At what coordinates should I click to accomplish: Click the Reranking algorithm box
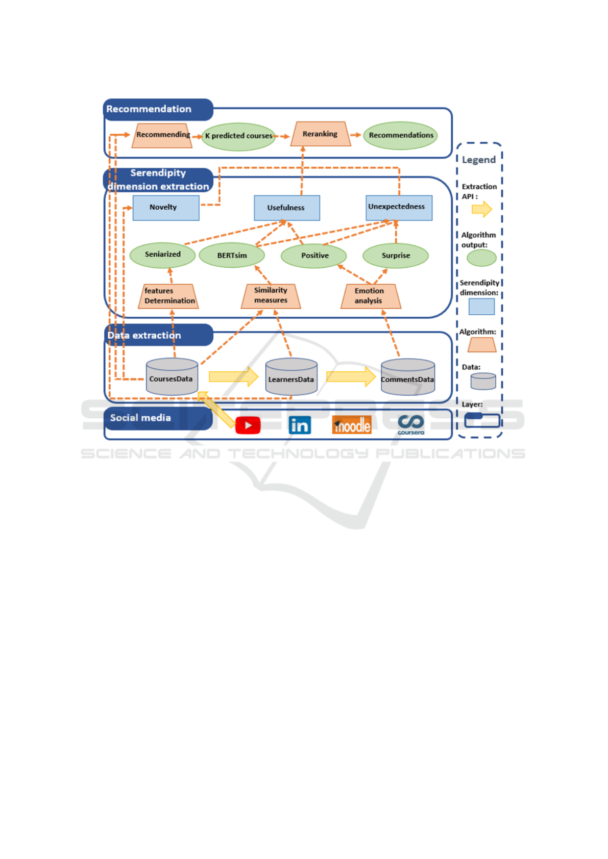pyautogui.click(x=321, y=134)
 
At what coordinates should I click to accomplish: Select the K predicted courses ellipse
pyautogui.click(x=238, y=137)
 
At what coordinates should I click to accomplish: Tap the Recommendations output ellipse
pyautogui.click(x=400, y=135)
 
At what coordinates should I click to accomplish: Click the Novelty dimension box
pyautogui.click(x=166, y=208)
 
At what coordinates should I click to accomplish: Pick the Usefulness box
pyautogui.click(x=287, y=208)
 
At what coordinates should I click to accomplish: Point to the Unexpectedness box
pyautogui.click(x=399, y=208)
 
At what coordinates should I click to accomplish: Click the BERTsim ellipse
pyautogui.click(x=232, y=255)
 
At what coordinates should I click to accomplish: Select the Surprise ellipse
pyautogui.click(x=395, y=256)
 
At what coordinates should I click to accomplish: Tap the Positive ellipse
pyautogui.click(x=313, y=256)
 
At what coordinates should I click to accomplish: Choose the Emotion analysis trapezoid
pyautogui.click(x=371, y=296)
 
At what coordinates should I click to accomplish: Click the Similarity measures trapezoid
pyautogui.click(x=271, y=296)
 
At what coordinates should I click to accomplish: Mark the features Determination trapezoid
pyautogui.click(x=168, y=296)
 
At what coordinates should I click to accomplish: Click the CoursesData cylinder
pyautogui.click(x=172, y=376)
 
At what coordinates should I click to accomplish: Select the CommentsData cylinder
pyautogui.click(x=408, y=377)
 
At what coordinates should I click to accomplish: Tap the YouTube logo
pyautogui.click(x=248, y=425)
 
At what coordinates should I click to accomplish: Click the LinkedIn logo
pyautogui.click(x=300, y=425)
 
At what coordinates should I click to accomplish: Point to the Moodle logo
pyautogui.click(x=352, y=425)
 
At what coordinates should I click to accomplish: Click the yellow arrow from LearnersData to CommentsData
pyautogui.click(x=351, y=376)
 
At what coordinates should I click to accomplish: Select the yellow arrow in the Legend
pyautogui.click(x=482, y=209)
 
